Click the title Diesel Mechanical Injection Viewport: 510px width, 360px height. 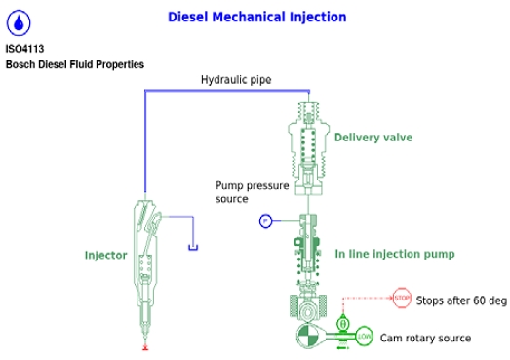point(256,18)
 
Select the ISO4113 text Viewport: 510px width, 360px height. point(24,49)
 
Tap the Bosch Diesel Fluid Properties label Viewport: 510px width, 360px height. point(75,64)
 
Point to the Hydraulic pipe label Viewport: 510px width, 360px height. point(236,80)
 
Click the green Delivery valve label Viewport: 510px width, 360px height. point(373,138)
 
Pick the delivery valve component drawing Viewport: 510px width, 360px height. point(309,141)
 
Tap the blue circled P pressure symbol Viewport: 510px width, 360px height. point(264,221)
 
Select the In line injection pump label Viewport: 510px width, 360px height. point(395,254)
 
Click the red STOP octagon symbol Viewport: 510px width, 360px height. point(402,298)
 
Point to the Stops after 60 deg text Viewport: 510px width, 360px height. point(461,300)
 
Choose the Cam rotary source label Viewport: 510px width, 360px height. point(425,339)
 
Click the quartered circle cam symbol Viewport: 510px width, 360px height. point(309,338)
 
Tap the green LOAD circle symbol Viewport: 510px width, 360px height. point(364,338)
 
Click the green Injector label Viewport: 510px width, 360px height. point(105,256)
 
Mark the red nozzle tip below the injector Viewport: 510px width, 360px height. point(145,346)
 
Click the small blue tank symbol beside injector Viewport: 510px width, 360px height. point(193,246)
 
